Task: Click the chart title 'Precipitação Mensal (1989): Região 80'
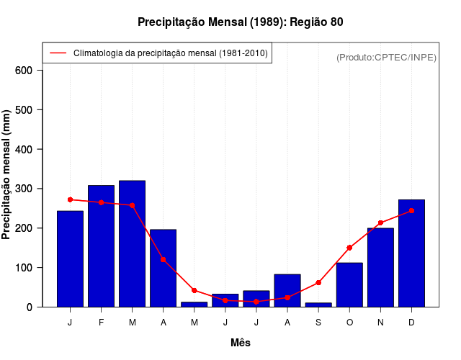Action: (x=240, y=22)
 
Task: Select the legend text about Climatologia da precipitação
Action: (x=170, y=53)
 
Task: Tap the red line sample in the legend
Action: (x=58, y=53)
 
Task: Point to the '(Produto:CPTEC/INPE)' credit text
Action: (x=386, y=58)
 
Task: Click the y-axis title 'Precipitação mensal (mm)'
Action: (x=7, y=174)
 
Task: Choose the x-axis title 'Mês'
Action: (x=240, y=343)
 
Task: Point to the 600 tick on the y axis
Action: (x=24, y=71)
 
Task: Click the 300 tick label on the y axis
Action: (x=24, y=189)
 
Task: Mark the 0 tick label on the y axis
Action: (x=30, y=307)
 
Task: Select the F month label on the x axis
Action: (x=101, y=323)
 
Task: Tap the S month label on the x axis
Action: (x=318, y=323)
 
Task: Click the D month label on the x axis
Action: (x=411, y=323)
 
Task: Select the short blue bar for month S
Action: (x=318, y=305)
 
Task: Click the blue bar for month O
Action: (x=349, y=285)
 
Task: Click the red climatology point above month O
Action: (x=349, y=248)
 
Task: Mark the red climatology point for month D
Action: (x=411, y=211)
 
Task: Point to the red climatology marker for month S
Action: (x=318, y=283)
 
